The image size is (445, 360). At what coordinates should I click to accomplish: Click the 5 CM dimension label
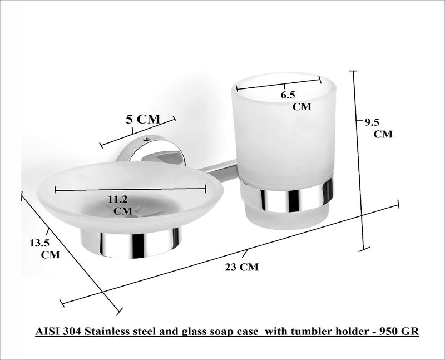[143, 119]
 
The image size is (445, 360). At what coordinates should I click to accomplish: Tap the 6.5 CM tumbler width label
[296, 101]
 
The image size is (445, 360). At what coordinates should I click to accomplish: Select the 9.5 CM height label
[379, 128]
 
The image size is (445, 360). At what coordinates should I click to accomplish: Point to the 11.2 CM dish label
[120, 205]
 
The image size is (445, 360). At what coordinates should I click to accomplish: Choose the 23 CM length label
[242, 267]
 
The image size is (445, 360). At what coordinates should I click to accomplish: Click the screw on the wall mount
[146, 139]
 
